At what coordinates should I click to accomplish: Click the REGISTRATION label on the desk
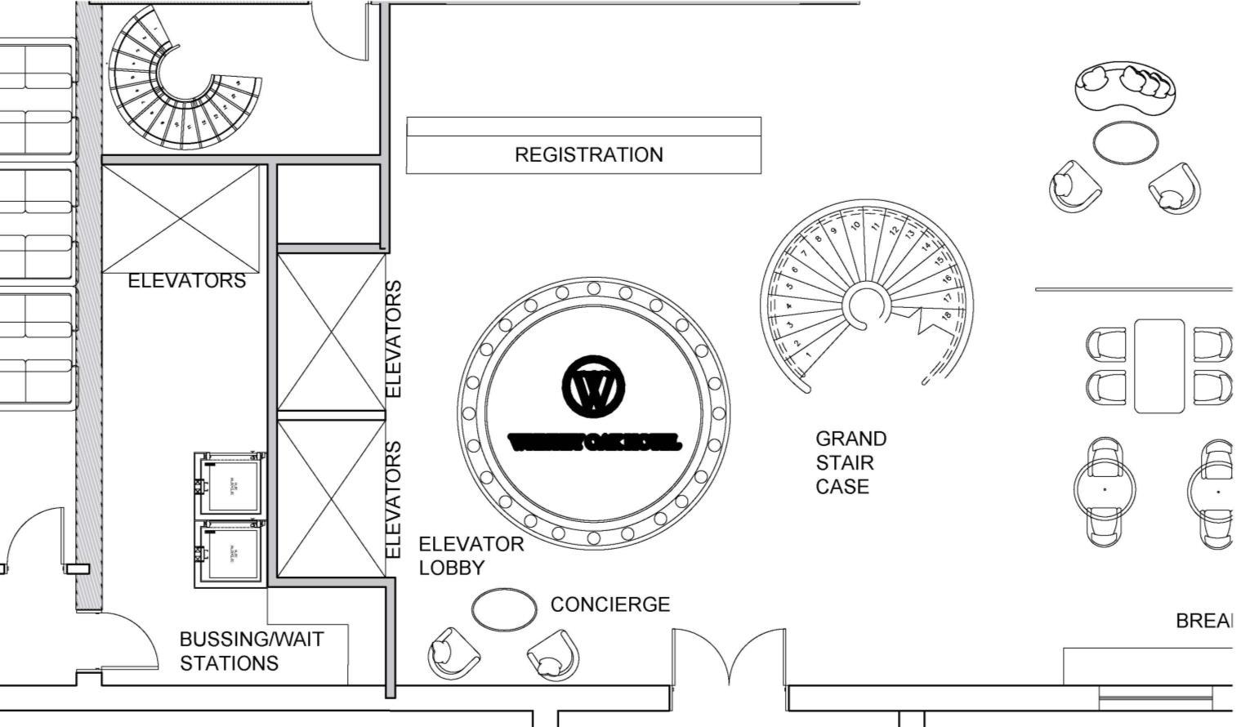588,154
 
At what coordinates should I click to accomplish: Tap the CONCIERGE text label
609,604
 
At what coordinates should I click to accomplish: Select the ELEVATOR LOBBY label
471,555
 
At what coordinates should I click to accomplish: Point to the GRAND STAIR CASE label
850,462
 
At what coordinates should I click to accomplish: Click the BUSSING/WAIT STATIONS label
251,651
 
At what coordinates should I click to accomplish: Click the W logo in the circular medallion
593,386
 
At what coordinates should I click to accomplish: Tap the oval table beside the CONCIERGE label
504,609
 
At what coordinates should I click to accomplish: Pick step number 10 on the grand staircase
855,225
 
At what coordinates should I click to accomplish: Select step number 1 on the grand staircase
808,355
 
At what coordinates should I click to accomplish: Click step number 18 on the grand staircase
945,316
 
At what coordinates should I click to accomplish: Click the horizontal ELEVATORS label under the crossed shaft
186,281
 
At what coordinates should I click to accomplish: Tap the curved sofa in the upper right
1125,87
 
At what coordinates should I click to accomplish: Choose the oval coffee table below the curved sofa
1125,142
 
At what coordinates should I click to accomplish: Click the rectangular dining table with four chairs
1158,365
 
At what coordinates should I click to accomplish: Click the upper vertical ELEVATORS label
394,339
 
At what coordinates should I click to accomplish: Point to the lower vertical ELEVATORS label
394,500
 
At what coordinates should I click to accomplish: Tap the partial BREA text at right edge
1203,621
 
